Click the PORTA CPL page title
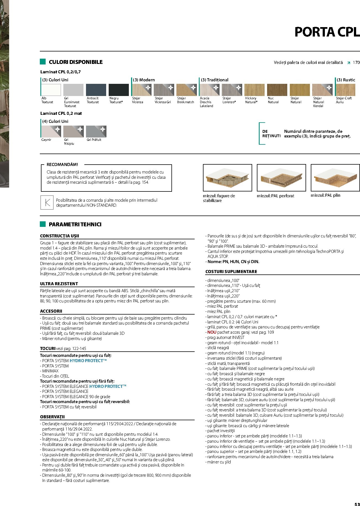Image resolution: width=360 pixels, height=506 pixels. [327, 32]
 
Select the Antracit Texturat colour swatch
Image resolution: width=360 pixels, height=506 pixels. [96, 90]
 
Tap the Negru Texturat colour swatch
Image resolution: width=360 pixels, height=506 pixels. [119, 90]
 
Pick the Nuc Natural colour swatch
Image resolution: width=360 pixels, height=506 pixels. [277, 90]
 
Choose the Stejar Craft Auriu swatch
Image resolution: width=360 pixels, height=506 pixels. [345, 90]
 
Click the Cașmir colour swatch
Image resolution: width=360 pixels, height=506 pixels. [51, 131]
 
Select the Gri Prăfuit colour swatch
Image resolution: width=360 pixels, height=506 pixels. [96, 131]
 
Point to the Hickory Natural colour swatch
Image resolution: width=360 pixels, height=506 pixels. [254, 90]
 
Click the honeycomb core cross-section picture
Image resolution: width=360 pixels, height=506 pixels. [227, 178]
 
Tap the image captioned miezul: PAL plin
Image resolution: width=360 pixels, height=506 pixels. [335, 178]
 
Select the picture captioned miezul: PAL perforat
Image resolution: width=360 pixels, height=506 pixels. [281, 178]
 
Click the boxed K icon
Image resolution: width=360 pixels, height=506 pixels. [47, 203]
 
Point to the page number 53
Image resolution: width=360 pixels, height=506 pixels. [357, 504]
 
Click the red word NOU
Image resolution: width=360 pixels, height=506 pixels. [212, 332]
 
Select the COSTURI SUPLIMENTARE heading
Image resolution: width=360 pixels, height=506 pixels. [231, 272]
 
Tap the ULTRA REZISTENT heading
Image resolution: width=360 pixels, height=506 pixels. [59, 284]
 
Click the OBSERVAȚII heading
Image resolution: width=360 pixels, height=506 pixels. [52, 417]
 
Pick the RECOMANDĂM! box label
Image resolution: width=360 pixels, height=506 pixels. [62, 165]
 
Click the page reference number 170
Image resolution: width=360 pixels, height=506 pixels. [356, 63]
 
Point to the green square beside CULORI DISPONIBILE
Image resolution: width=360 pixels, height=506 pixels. [43, 62]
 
